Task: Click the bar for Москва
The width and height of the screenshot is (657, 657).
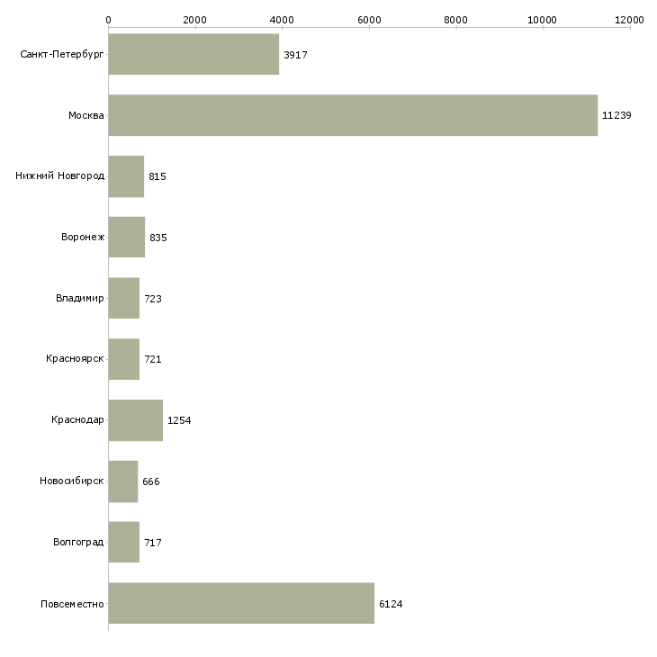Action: [x=353, y=115]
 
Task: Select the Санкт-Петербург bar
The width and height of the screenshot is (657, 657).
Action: [x=193, y=54]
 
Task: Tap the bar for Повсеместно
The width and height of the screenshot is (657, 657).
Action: [x=241, y=603]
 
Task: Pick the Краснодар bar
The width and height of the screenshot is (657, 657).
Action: [x=135, y=420]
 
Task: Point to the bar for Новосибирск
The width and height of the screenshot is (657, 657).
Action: [x=122, y=481]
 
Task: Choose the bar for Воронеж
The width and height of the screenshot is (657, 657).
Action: [x=126, y=237]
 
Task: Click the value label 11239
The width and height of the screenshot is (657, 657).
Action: [x=616, y=115]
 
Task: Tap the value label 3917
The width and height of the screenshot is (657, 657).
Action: [x=295, y=55]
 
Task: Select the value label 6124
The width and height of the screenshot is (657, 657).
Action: [x=391, y=604]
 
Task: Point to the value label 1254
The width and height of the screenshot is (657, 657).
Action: [x=179, y=420]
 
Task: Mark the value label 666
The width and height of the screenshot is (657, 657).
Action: [x=150, y=481]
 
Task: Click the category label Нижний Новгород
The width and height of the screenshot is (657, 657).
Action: [x=59, y=176]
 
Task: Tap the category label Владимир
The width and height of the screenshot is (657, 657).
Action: [x=79, y=298]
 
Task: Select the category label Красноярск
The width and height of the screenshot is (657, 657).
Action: [x=75, y=359]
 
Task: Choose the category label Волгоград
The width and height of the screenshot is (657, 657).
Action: [x=78, y=543]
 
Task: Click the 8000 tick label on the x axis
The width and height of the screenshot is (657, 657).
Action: [x=456, y=19]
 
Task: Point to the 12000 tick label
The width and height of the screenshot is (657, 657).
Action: [x=630, y=19]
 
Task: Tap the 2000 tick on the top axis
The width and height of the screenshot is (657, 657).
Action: [x=194, y=19]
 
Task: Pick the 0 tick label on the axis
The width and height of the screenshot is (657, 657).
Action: [x=108, y=19]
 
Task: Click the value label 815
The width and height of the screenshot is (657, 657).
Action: [x=157, y=176]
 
